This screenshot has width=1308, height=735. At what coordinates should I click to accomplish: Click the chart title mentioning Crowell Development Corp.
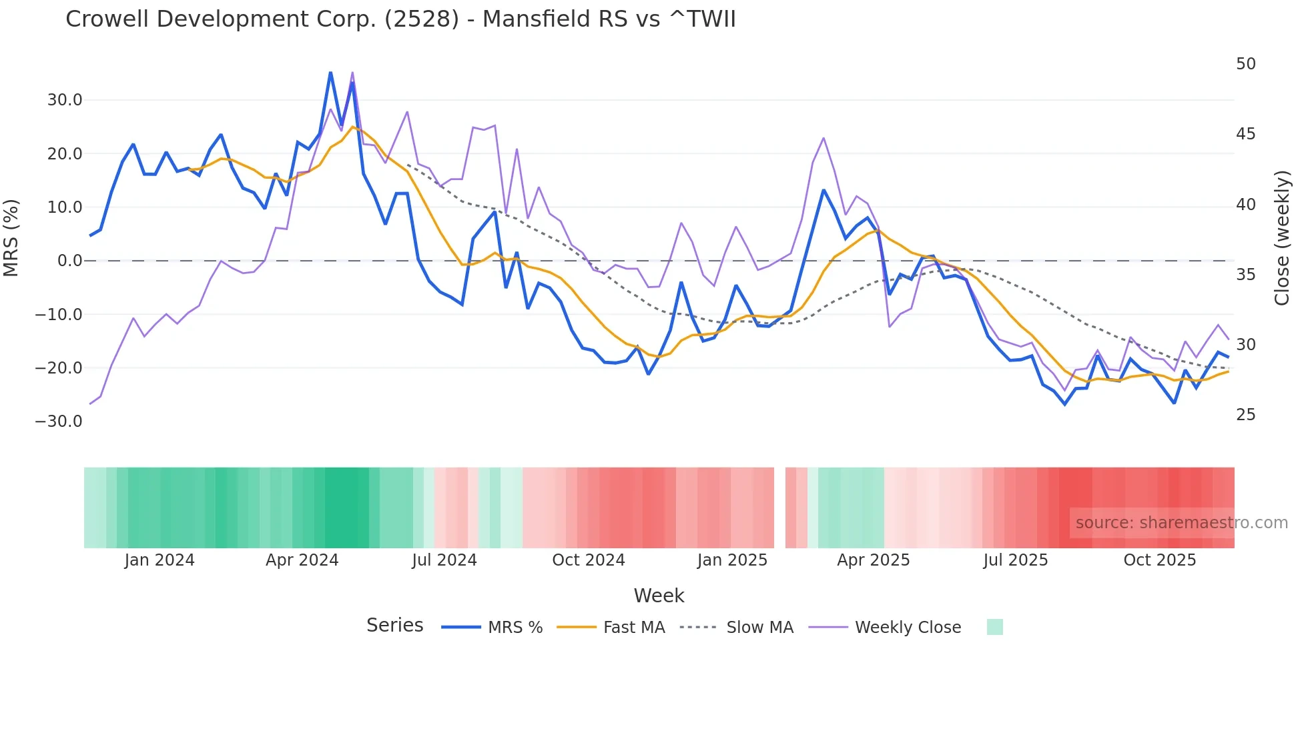point(400,19)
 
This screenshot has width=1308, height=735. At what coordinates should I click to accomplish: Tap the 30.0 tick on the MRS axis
point(65,100)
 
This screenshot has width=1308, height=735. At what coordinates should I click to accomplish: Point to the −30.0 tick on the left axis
point(59,422)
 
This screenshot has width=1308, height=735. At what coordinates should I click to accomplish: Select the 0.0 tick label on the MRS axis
point(69,261)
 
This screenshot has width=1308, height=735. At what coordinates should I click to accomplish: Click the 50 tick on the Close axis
point(1245,64)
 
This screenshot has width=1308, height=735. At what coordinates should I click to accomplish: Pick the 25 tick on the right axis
point(1245,415)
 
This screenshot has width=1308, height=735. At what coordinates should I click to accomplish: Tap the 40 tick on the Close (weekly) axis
point(1245,205)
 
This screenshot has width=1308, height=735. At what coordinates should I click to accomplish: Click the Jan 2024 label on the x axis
point(159,560)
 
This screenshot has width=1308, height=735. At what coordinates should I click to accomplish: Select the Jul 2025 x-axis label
point(1015,560)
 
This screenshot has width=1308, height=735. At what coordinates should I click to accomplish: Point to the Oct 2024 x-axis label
point(588,560)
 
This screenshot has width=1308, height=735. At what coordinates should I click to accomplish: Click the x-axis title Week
point(659,596)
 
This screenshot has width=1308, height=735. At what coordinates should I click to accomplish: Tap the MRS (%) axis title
point(11,237)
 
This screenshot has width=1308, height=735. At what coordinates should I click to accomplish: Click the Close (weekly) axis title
point(1281,238)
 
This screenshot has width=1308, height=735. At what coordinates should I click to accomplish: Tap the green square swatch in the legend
point(994,627)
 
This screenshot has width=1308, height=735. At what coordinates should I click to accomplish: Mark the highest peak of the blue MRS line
point(330,72)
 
